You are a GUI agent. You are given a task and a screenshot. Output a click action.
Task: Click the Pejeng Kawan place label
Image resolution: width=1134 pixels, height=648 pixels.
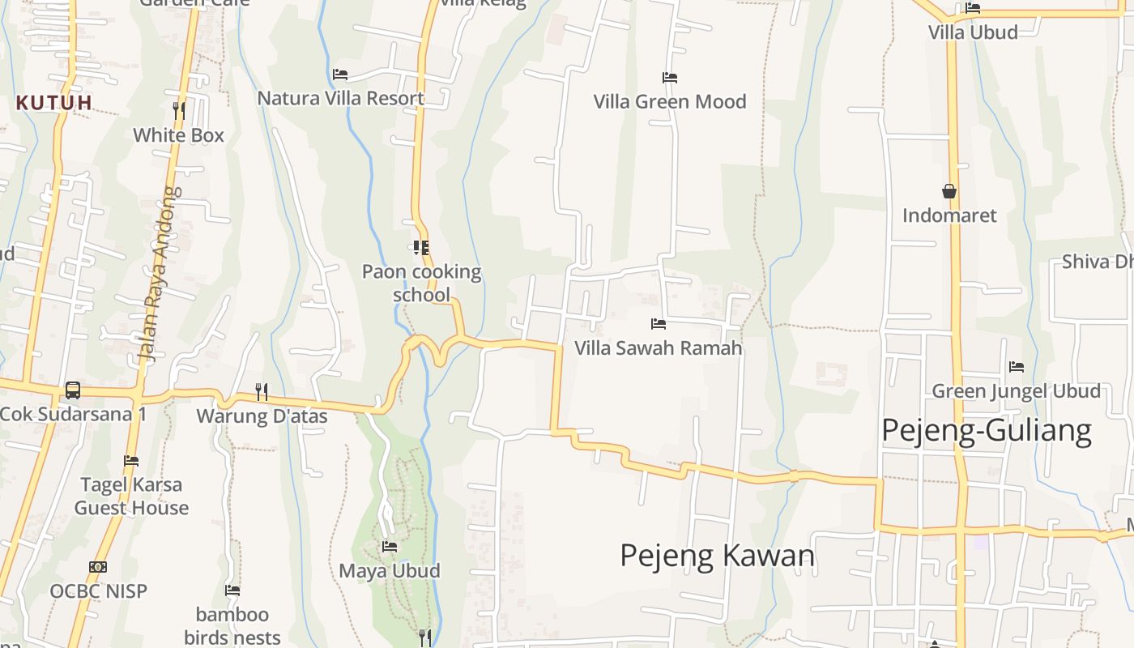pyautogui.click(x=717, y=556)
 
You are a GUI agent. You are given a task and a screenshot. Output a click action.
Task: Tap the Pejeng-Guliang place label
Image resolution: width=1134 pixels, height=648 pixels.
pyautogui.click(x=986, y=430)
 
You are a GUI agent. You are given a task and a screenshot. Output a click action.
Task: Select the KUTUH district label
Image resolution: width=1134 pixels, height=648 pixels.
pyautogui.click(x=54, y=103)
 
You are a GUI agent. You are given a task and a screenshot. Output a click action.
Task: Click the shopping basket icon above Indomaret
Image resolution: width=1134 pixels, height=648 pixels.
pyautogui.click(x=949, y=191)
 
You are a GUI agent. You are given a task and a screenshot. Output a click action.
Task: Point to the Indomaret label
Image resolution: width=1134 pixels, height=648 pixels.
pyautogui.click(x=949, y=215)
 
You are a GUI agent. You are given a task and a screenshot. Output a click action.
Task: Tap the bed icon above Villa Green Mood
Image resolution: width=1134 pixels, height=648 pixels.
pyautogui.click(x=670, y=78)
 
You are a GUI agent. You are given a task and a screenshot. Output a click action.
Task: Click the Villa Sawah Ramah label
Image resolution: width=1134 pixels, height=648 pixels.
pyautogui.click(x=658, y=348)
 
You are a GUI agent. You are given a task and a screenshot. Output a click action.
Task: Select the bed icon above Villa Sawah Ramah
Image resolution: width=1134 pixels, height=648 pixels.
pyautogui.click(x=659, y=324)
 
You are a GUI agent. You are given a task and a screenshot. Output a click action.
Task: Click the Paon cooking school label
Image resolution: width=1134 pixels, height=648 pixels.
pyautogui.click(x=421, y=283)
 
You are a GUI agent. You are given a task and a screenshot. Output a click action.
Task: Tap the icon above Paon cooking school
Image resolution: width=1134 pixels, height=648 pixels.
pyautogui.click(x=421, y=247)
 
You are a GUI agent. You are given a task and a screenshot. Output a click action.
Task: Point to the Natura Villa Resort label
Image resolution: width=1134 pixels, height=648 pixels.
pyautogui.click(x=340, y=99)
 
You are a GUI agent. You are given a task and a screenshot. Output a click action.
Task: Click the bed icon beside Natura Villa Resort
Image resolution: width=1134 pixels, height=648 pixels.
pyautogui.click(x=340, y=75)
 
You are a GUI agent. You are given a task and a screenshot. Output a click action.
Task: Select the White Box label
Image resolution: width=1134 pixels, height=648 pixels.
pyautogui.click(x=178, y=135)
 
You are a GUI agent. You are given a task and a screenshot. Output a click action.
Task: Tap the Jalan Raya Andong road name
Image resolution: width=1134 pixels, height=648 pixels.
pyautogui.click(x=159, y=274)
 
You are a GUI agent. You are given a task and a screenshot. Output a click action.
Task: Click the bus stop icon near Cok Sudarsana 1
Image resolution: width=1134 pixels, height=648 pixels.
pyautogui.click(x=73, y=390)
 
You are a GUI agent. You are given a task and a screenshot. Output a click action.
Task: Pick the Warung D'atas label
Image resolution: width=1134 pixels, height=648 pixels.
pyautogui.click(x=262, y=416)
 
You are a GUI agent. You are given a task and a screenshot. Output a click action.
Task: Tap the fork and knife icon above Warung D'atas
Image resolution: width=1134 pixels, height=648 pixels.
pyautogui.click(x=262, y=392)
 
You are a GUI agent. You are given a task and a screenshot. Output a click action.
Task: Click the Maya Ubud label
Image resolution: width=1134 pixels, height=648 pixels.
pyautogui.click(x=389, y=571)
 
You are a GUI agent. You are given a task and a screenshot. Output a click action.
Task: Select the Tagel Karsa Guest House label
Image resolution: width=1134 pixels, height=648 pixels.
pyautogui.click(x=131, y=497)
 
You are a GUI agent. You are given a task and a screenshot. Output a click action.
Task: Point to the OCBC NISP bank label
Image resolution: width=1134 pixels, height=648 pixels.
pyautogui.click(x=99, y=591)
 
